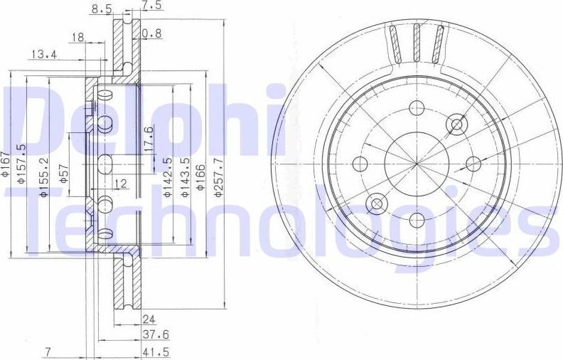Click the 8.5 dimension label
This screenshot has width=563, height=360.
(101, 9)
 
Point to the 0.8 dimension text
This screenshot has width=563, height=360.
(151, 33)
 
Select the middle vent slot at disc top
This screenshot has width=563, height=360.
(417, 43)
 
